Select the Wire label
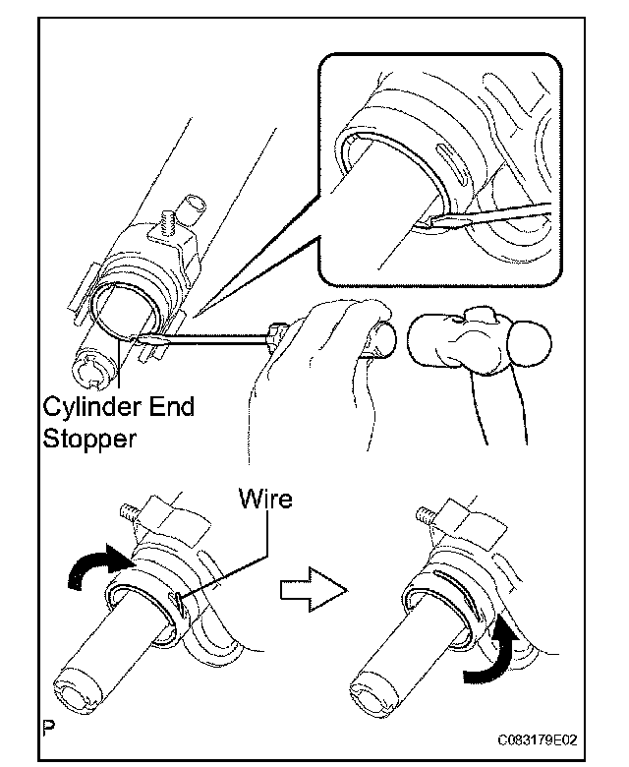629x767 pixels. click(x=264, y=500)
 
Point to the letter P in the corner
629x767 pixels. click(x=47, y=730)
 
